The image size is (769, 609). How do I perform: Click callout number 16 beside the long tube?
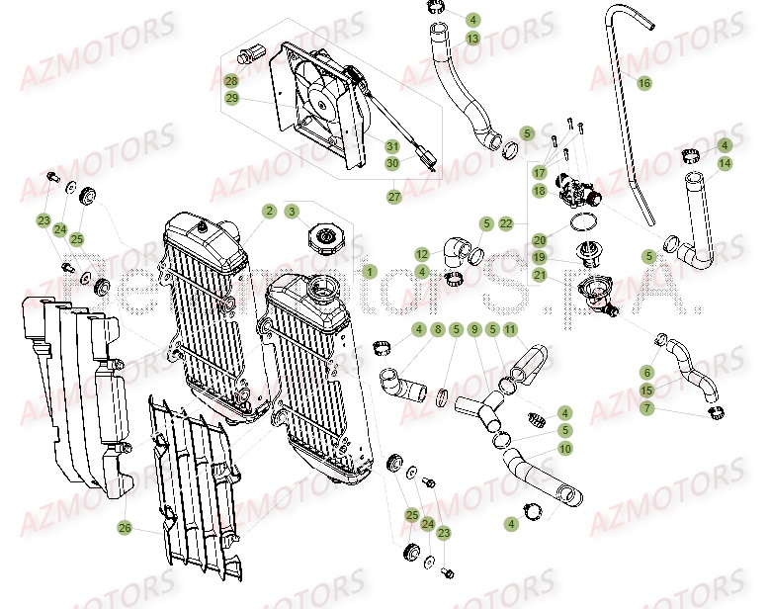pos(643,83)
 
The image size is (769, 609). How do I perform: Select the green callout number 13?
pos(472,39)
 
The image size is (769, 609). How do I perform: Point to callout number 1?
pos(369,270)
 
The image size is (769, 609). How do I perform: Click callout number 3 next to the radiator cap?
pos(292,211)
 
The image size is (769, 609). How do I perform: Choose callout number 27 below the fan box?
pos(392,197)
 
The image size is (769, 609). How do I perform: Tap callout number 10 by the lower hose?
pos(564,448)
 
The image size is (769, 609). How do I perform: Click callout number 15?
pos(646,391)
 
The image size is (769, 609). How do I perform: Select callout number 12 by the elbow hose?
pos(421,253)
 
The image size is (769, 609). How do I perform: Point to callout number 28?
pos(230,81)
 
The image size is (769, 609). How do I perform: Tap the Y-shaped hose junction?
pos(480,394)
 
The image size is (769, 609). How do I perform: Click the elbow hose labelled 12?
pos(457,249)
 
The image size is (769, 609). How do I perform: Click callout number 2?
pos(269,211)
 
